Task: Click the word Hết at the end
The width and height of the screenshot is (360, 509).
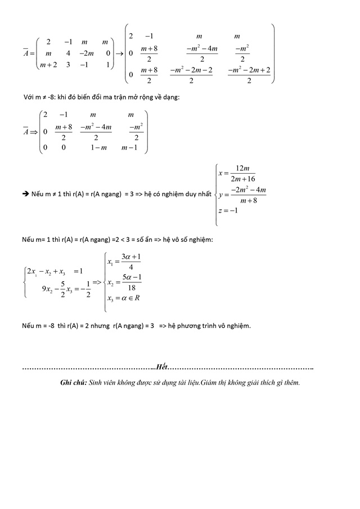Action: tap(162, 367)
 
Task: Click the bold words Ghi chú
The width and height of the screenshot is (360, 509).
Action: tap(73, 382)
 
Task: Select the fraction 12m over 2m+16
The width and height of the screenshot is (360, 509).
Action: tap(242, 173)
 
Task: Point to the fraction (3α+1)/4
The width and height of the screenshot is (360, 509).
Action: tap(130, 262)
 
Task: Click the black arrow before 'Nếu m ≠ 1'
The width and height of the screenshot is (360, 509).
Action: tap(25, 193)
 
